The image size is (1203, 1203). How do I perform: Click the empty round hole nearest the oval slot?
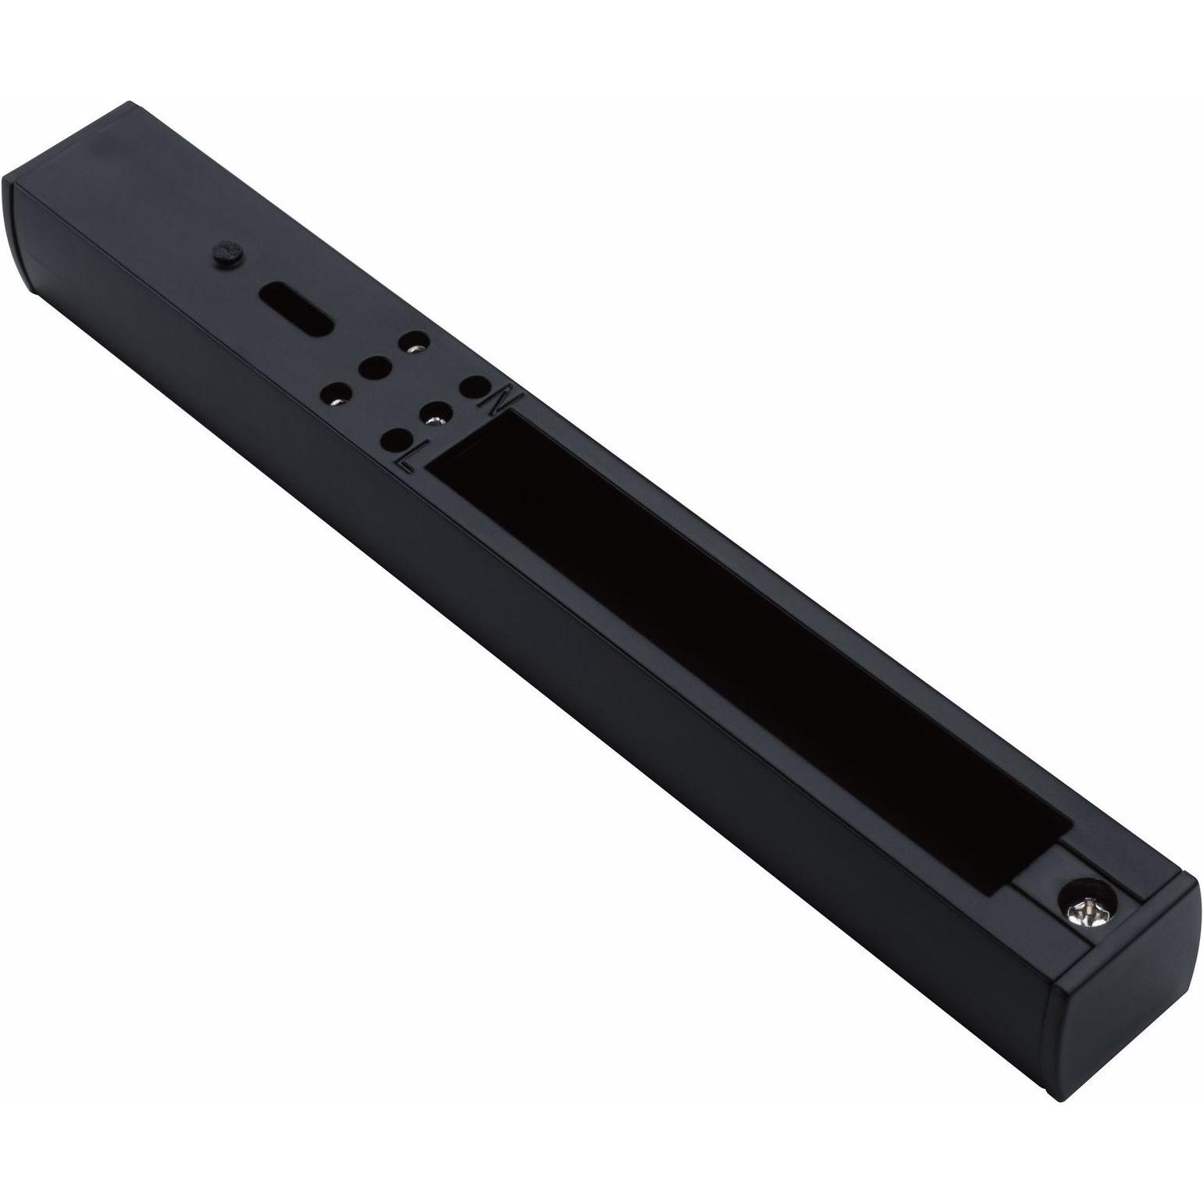(x=375, y=366)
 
